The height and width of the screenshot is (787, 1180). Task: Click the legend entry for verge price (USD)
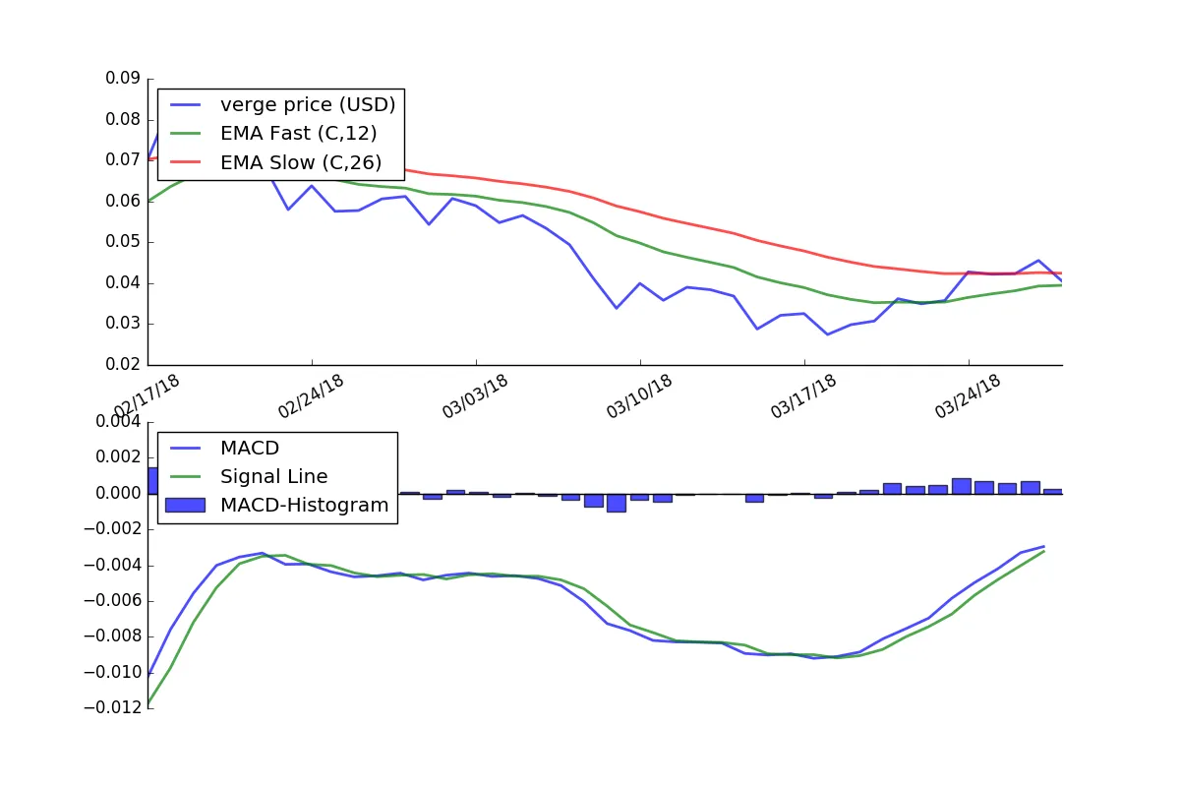(282, 105)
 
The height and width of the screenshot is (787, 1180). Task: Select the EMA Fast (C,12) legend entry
(273, 134)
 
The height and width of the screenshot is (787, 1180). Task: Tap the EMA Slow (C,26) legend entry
(275, 162)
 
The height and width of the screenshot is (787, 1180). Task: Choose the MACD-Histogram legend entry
(277, 505)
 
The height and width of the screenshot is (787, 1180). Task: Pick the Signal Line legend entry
(248, 476)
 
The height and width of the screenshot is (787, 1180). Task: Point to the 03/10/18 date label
(639, 396)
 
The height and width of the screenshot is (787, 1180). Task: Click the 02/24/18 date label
(311, 396)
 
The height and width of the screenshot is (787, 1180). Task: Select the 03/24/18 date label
(968, 396)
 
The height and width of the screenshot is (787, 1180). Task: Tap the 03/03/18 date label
(475, 396)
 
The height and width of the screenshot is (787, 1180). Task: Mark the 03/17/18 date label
(803, 396)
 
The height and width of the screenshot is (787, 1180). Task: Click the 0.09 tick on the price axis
(123, 78)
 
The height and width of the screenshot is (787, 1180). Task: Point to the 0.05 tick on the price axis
(123, 241)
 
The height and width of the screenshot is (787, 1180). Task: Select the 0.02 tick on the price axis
(123, 364)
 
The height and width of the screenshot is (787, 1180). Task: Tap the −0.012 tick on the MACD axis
(113, 707)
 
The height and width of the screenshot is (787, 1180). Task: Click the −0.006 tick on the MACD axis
(113, 600)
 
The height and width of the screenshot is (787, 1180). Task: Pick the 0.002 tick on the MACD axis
(119, 457)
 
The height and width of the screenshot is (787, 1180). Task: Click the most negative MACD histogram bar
(617, 503)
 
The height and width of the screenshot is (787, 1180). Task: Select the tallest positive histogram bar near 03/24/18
(962, 486)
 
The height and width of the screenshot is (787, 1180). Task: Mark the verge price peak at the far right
(1038, 261)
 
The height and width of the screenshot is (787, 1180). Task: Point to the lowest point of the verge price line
(828, 334)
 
